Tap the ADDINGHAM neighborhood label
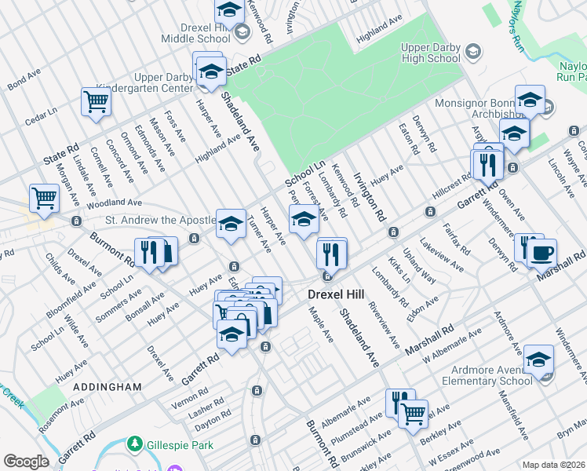(107, 387)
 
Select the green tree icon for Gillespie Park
(134, 445)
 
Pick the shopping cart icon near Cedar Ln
(96, 101)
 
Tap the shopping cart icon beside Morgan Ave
(44, 198)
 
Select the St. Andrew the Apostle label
(160, 221)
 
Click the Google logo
(26, 462)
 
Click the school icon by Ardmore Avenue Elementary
(538, 360)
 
